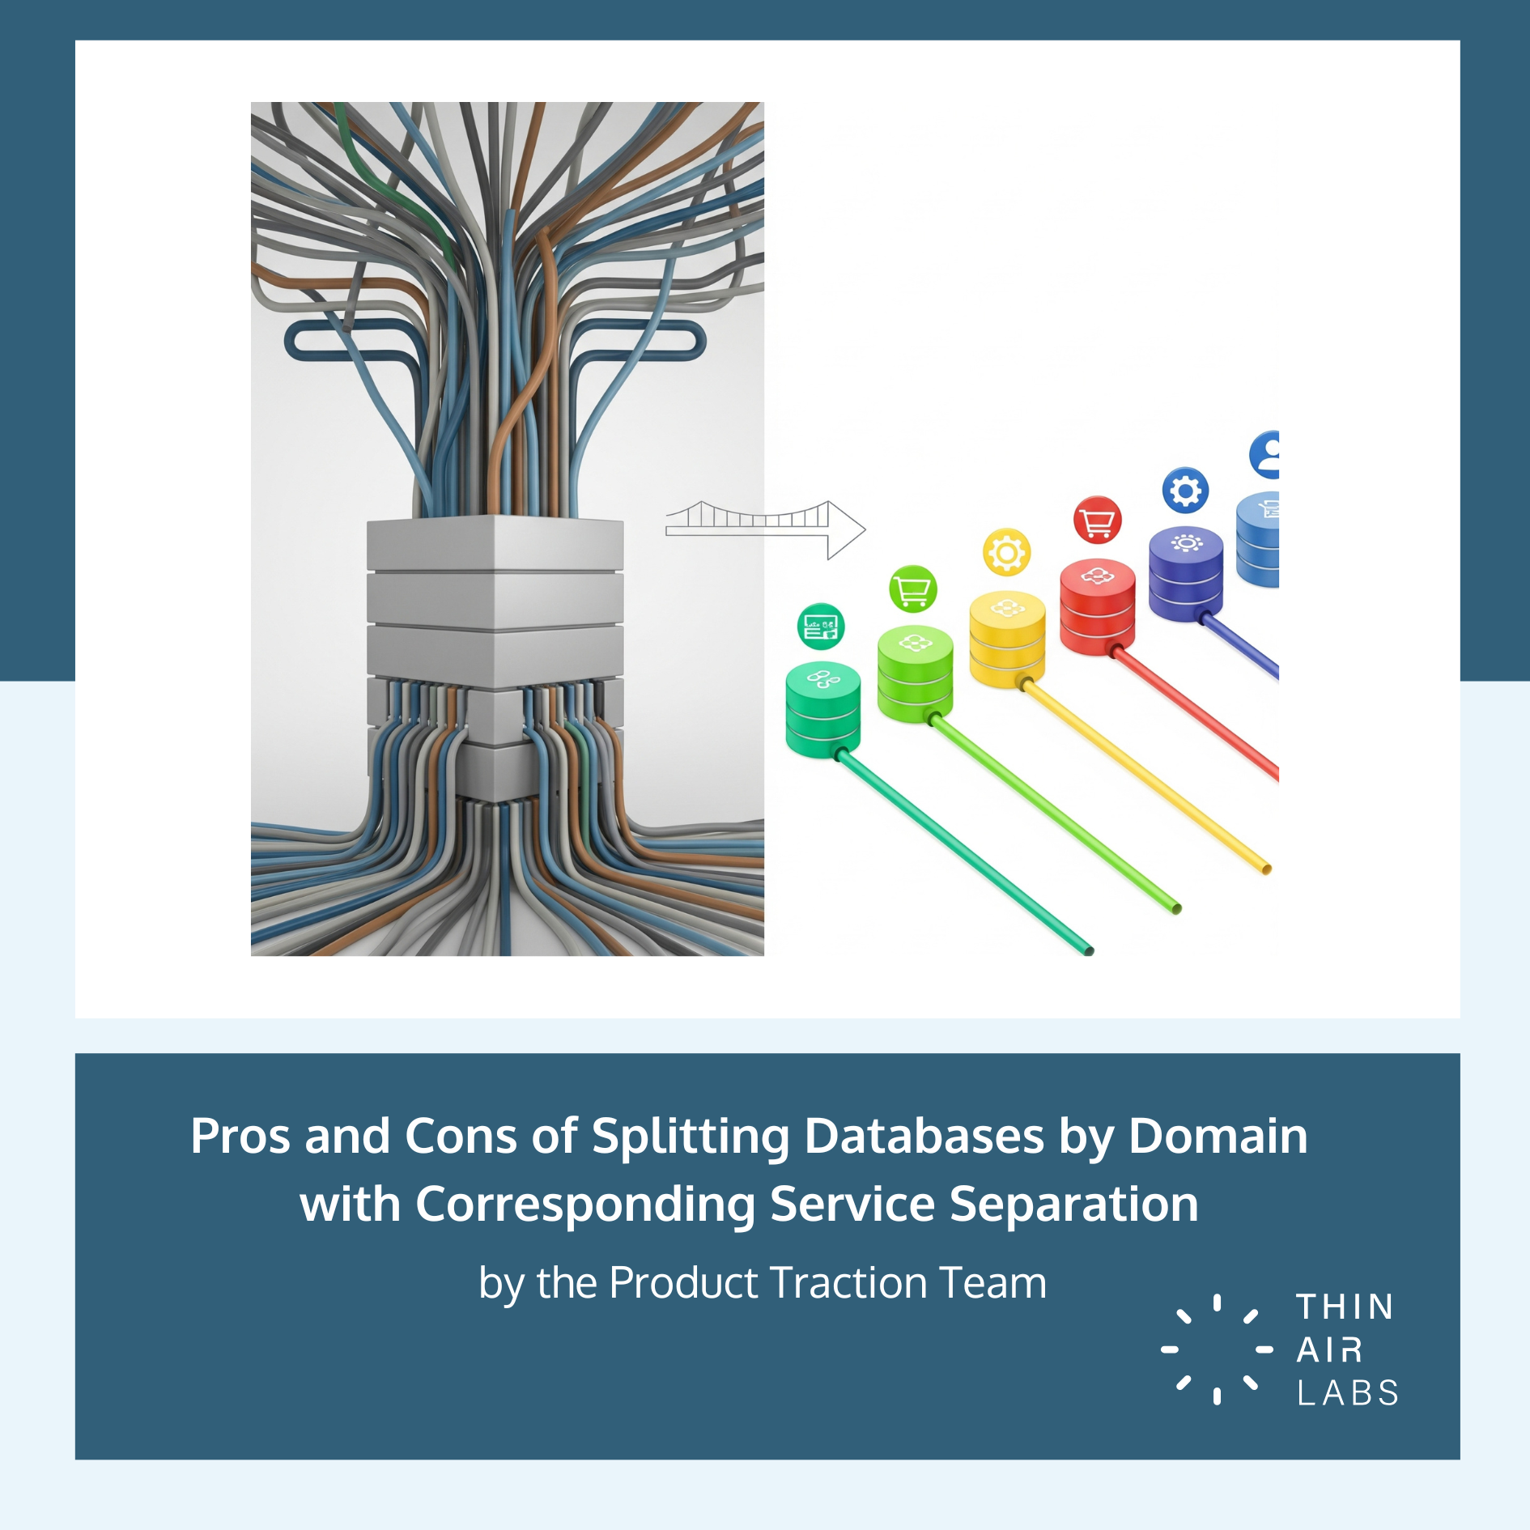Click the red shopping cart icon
[1097, 520]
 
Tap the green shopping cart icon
[913, 589]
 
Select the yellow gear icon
[1006, 553]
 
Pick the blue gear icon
[1185, 490]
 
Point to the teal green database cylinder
[822, 709]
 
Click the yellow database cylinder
[1007, 640]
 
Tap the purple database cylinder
[1186, 575]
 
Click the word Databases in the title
[924, 1136]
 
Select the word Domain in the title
[1218, 1136]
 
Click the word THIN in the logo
[1345, 1307]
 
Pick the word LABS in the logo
[1348, 1393]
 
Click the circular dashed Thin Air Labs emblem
[1217, 1349]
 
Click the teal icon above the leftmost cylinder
[821, 627]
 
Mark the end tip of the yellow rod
[1266, 869]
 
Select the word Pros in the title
[240, 1136]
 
